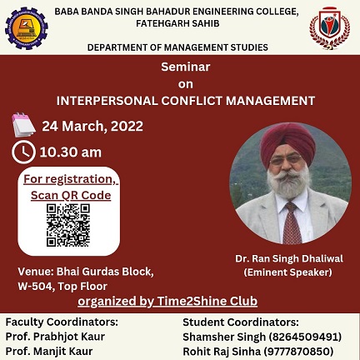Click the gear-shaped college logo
coord(27,28)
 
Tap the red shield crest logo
coord(330,28)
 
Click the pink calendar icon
coord(23,125)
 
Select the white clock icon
coord(23,152)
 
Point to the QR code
coord(68,225)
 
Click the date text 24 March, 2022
coord(92,126)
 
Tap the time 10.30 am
coord(71,152)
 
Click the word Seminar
coord(186,67)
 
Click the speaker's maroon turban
coord(287,142)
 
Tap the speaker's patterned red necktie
coord(292,223)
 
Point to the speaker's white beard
coord(288,183)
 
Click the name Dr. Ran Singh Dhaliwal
coord(289,258)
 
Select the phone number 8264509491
coord(305,337)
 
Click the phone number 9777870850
coord(298,352)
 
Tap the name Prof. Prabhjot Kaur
coord(55,337)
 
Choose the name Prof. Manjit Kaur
coord(49,352)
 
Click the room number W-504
coord(35,286)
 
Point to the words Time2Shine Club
coord(207,301)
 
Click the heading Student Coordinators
coord(241,322)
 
